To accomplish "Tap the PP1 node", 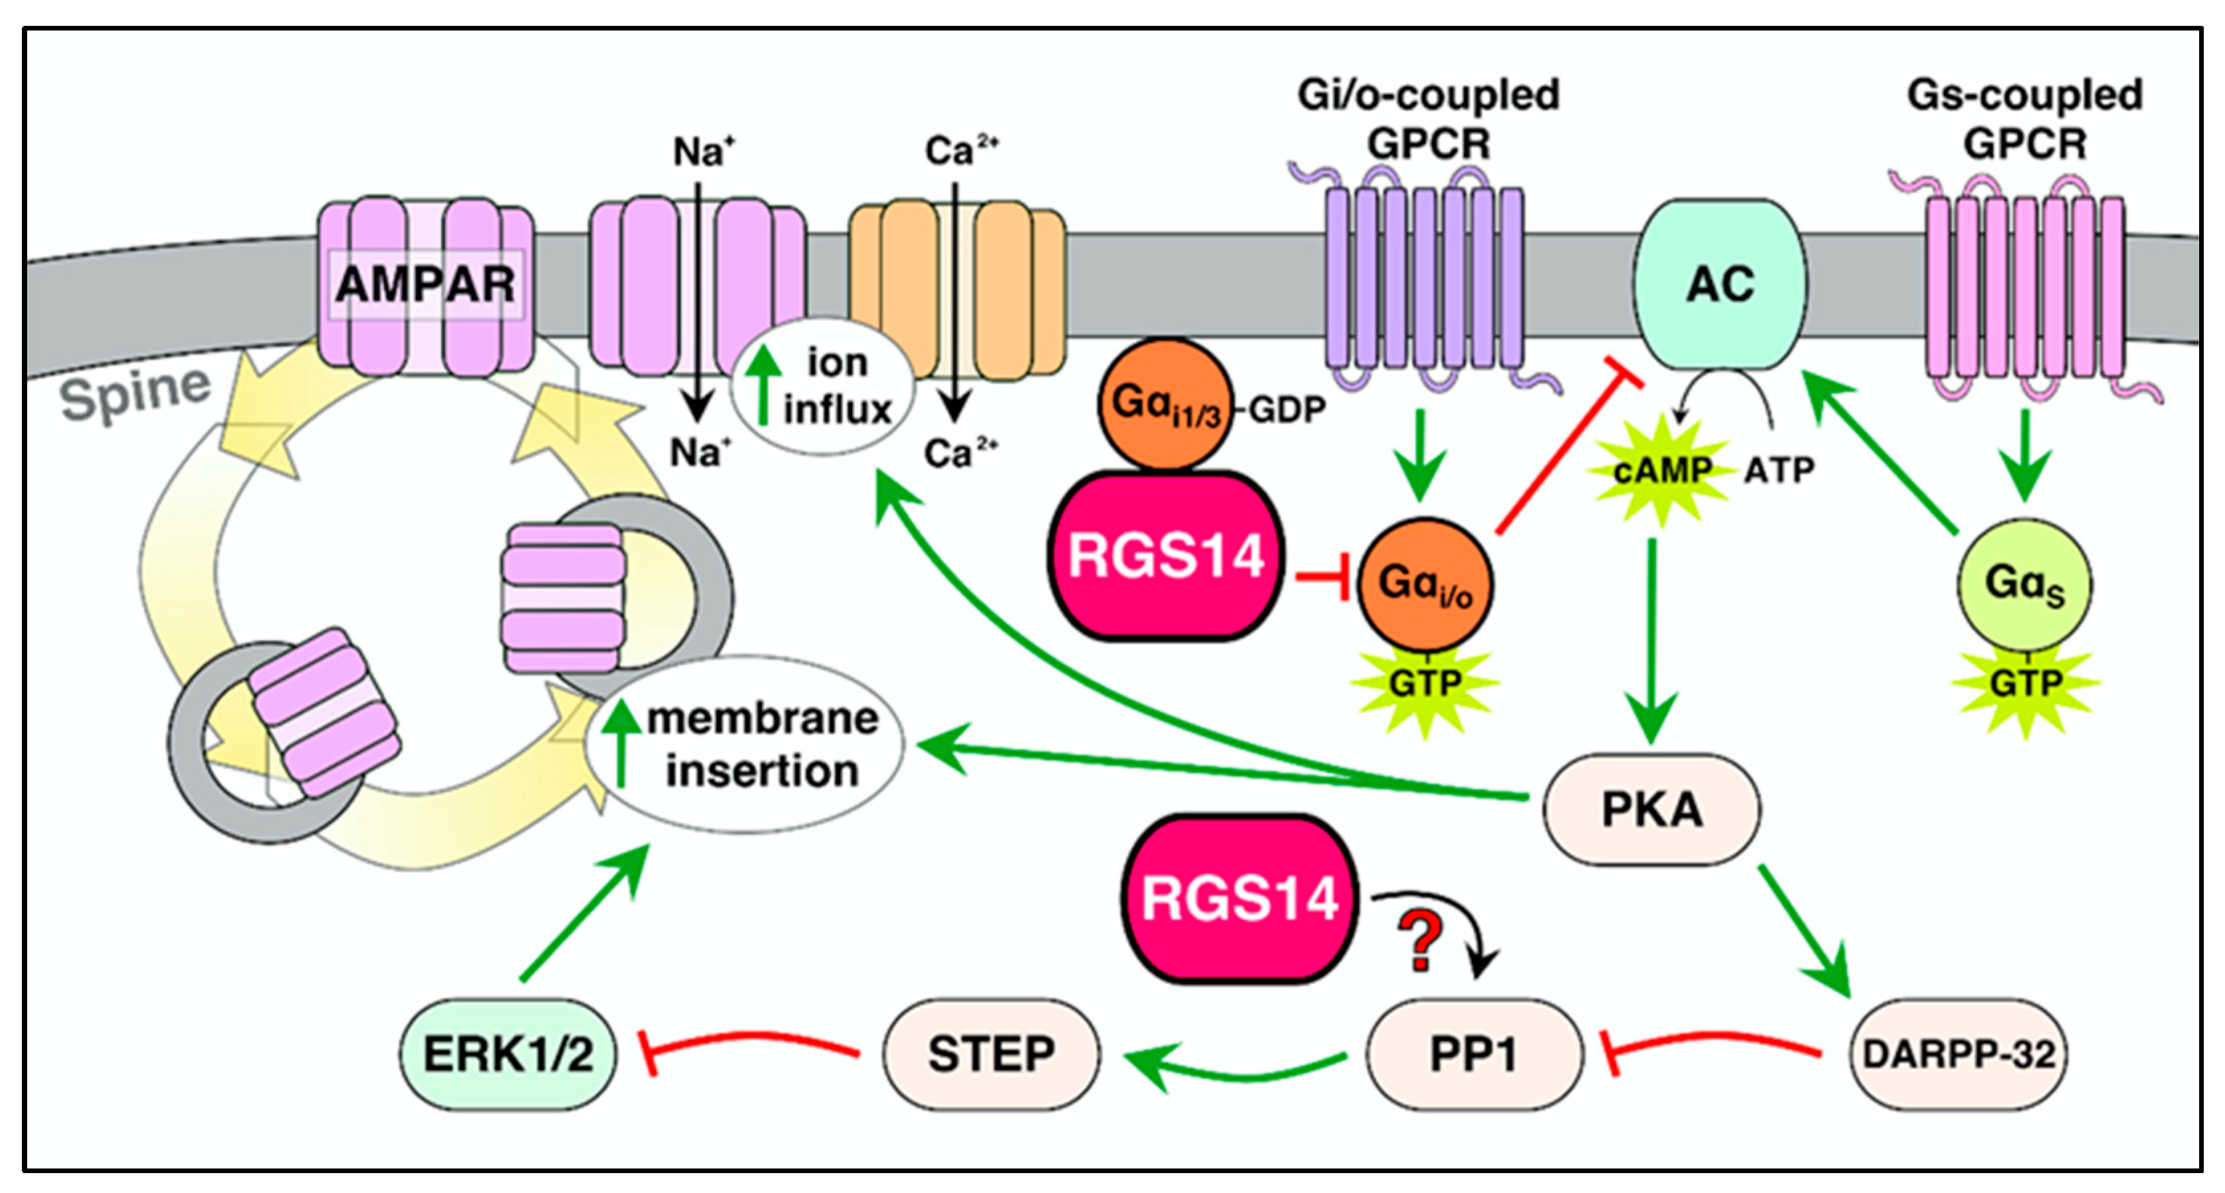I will tap(1474, 1054).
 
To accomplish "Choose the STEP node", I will tap(991, 1054).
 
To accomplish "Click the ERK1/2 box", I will tap(508, 1054).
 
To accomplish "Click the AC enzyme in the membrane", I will tap(1719, 284).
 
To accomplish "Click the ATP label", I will tap(1779, 471).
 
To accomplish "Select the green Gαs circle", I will tap(2024, 585).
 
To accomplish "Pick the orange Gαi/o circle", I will tap(1425, 584).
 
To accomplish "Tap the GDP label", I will tap(1287, 409).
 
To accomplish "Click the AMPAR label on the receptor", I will tap(425, 284).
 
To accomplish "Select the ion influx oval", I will tap(822, 386).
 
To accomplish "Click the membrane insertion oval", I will tap(745, 745).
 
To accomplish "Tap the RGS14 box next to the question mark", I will tap(1239, 899).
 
